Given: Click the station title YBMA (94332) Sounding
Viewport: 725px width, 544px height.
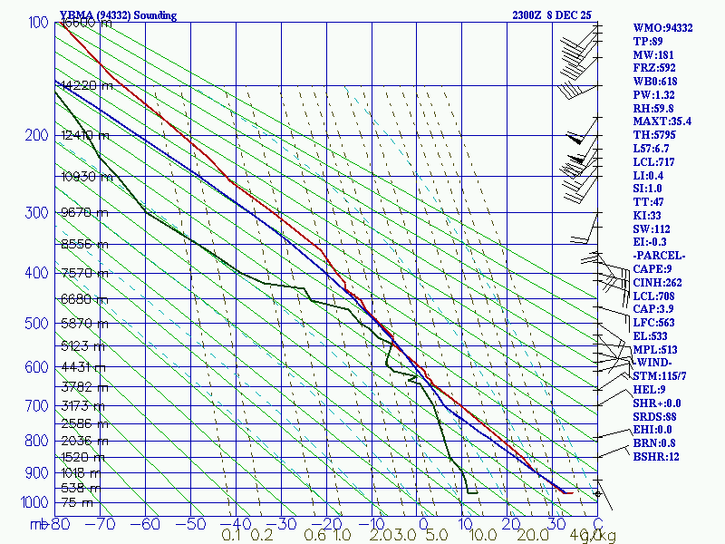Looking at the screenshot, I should click(x=118, y=15).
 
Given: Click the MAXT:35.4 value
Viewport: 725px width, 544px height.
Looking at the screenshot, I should click(x=662, y=121).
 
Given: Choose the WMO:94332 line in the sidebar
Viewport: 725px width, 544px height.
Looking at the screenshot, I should click(x=662, y=28).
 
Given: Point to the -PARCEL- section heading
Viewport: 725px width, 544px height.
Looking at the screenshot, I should click(x=659, y=256).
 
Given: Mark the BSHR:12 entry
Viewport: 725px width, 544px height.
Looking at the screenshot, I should click(x=656, y=456).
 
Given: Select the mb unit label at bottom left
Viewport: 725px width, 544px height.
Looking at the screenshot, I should click(x=38, y=524).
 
